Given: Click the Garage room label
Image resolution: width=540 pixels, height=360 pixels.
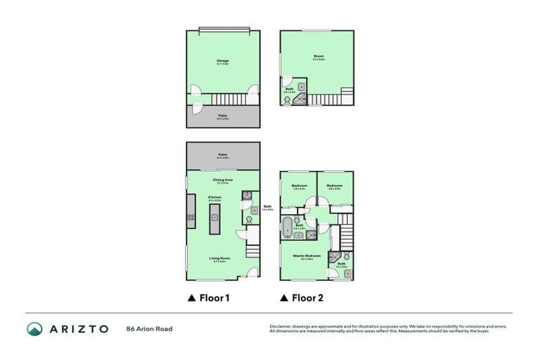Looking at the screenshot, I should point(222,61).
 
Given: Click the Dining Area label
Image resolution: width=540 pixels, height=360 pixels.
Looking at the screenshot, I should point(223,179).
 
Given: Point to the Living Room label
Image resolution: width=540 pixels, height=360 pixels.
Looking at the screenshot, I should point(217,259).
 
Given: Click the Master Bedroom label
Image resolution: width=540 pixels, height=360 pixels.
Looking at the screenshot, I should point(311,255).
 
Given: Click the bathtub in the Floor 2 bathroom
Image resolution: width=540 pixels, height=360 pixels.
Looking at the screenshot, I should point(288,228).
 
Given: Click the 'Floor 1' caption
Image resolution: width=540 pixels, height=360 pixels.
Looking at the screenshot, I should point(208,298).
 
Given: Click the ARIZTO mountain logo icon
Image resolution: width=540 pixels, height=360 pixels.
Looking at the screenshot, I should point(34,328).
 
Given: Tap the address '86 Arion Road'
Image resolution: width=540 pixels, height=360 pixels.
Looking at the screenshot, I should point(149,328).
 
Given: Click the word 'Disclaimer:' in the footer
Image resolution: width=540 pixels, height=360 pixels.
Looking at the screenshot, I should point(281,326).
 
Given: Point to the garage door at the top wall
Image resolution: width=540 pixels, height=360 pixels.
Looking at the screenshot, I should point(223,30).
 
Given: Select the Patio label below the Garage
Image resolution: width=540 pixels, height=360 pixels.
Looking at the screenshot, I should point(222,117).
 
